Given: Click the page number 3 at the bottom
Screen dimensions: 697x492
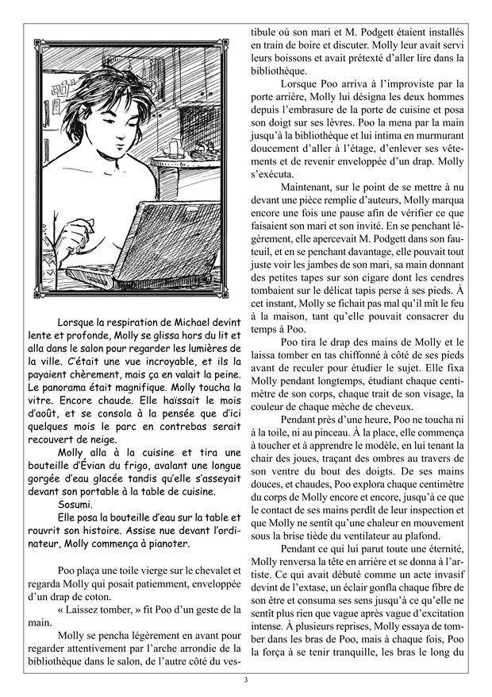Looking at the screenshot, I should (x=246, y=680).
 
